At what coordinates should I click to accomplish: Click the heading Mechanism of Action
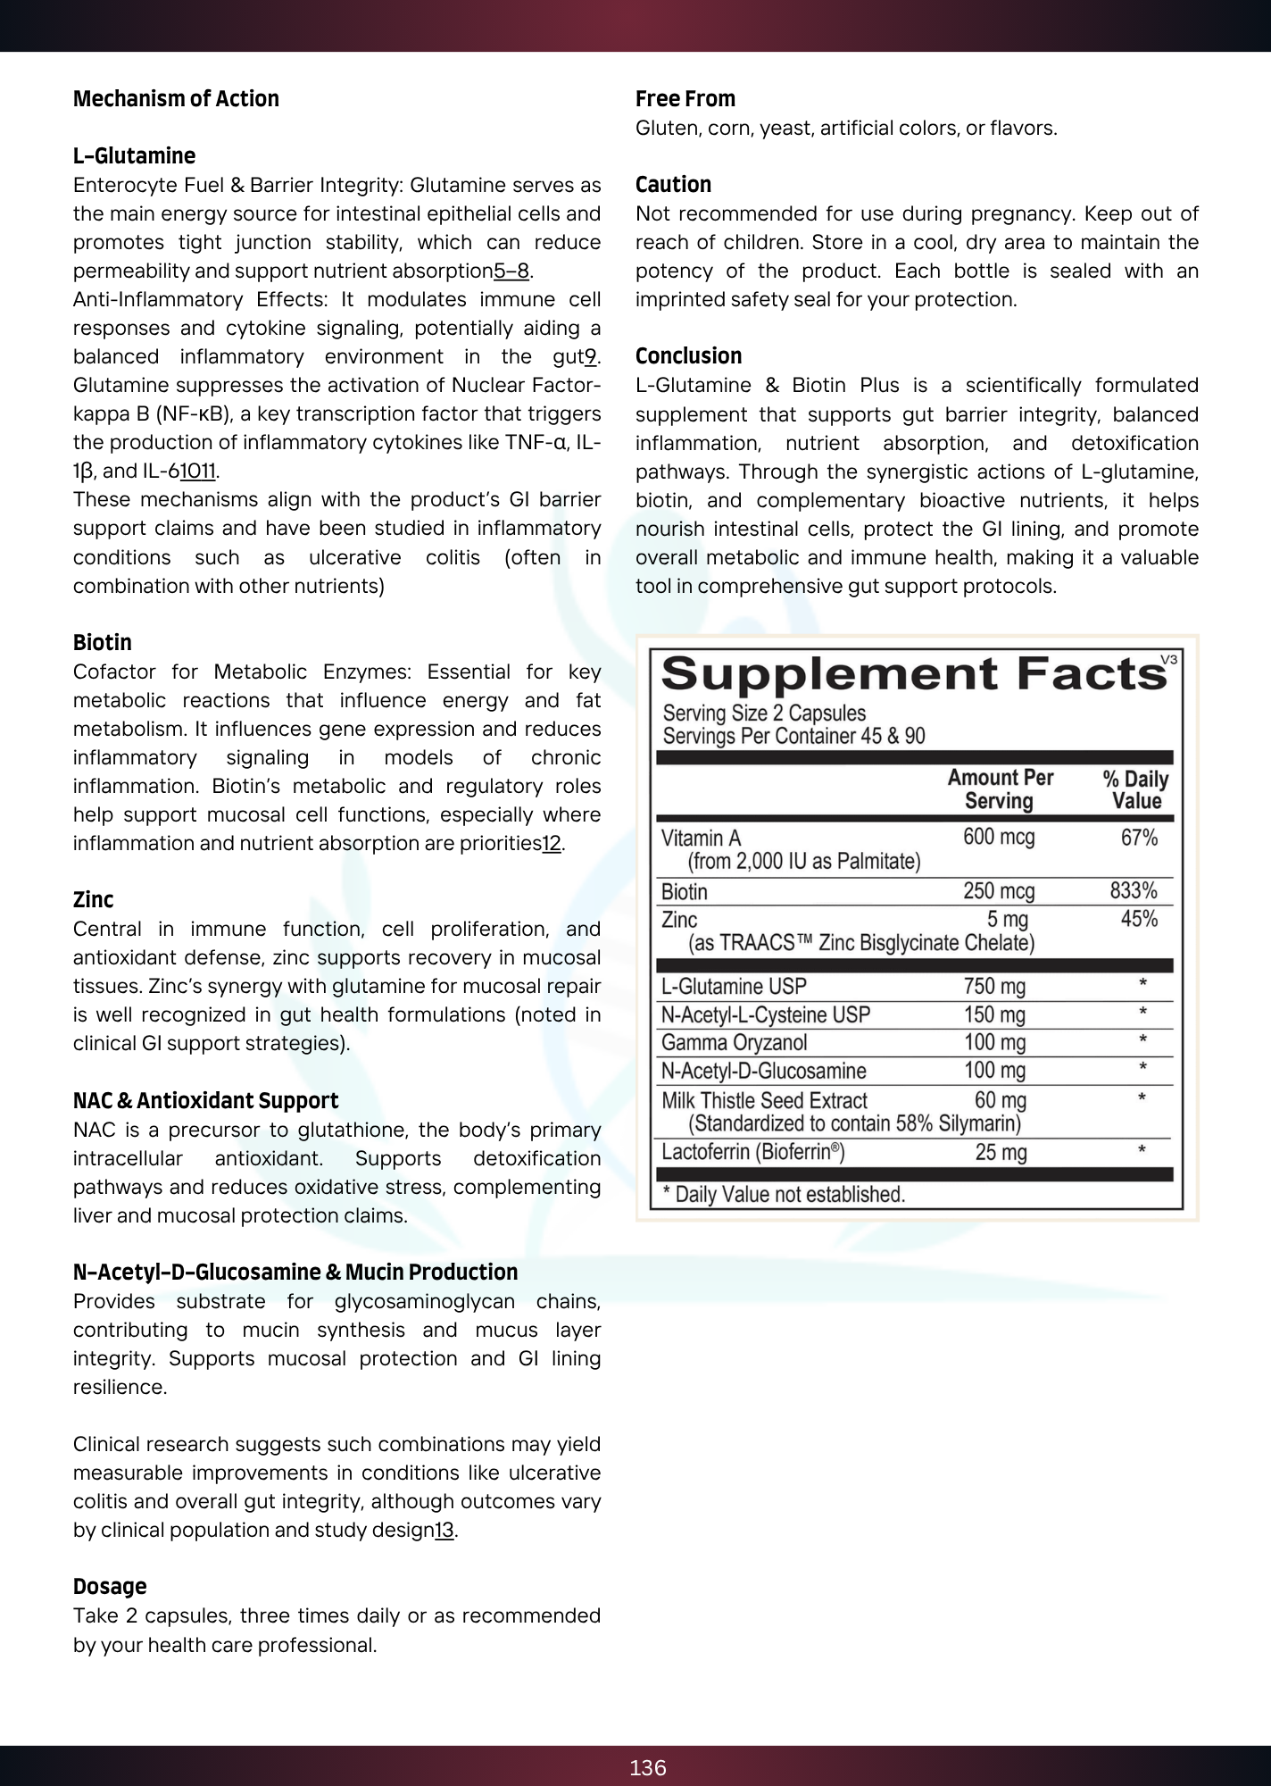pos(176,99)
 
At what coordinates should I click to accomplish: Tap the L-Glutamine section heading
pos(134,156)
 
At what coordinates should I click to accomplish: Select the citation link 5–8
pos(511,271)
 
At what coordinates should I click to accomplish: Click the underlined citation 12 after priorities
pos(552,844)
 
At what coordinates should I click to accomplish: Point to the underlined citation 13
pos(444,1531)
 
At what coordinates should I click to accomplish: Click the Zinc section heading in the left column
pos(93,900)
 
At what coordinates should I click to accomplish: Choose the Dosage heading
pos(110,1587)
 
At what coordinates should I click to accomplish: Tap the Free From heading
pos(685,99)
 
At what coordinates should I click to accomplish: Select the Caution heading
pos(673,185)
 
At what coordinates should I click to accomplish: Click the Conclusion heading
pos(688,356)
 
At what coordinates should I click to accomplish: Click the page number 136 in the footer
pos(648,1768)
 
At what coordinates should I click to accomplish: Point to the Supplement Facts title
pos(913,674)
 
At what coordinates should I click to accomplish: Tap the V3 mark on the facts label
pos(1168,660)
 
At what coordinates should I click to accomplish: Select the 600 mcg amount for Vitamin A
pos(999,838)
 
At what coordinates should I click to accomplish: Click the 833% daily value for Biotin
pos(1134,891)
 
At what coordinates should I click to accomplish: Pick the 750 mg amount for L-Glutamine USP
pos(994,987)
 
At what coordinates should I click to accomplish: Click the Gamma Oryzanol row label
pos(734,1043)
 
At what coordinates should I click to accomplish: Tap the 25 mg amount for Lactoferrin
pos(1001,1153)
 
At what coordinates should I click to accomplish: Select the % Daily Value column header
pos(1135,790)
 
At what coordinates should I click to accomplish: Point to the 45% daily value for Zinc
pos(1139,920)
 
